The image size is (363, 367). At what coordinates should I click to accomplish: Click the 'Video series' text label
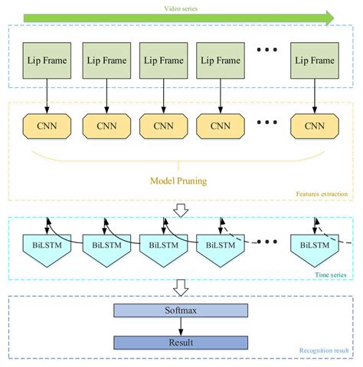click(181, 8)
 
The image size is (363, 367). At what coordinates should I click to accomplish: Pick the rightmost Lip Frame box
click(314, 60)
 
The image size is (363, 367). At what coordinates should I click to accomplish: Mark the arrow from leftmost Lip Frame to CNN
click(47, 96)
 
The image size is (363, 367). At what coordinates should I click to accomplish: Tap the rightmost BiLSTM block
click(314, 248)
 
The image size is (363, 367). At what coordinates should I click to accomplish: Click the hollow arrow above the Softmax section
click(181, 287)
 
